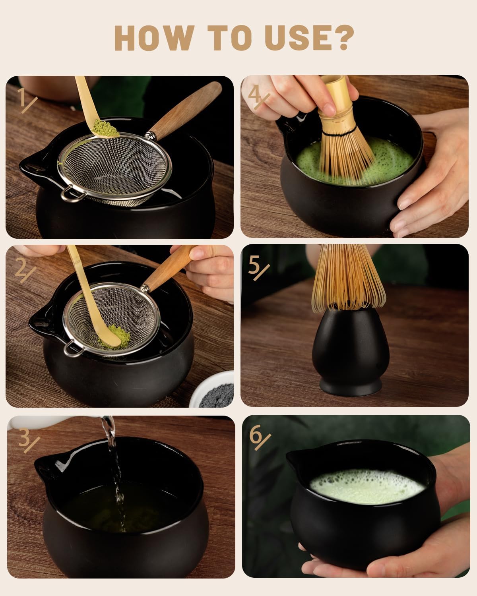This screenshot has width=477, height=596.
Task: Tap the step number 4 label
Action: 259,98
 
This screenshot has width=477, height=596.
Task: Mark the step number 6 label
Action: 259,437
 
